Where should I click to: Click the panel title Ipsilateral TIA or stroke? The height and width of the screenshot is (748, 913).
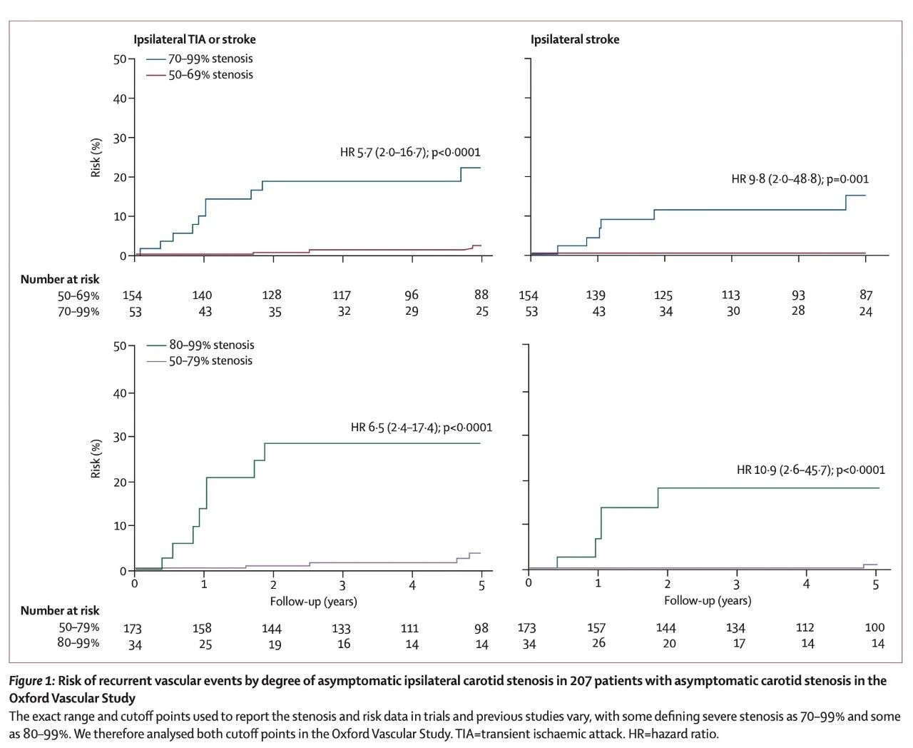point(194,40)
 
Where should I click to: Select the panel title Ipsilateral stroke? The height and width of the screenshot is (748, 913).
point(574,40)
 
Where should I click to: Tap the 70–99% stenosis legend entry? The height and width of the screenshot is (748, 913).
point(210,59)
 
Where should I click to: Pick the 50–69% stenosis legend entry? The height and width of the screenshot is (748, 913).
point(210,74)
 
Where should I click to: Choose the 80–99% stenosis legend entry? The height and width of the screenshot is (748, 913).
point(210,345)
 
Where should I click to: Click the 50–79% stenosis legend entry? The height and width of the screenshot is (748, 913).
point(210,360)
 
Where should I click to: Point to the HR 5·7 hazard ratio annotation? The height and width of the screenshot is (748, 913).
point(409,152)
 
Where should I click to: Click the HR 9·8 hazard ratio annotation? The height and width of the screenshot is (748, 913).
point(800,179)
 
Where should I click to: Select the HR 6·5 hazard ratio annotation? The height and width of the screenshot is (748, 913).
point(421,428)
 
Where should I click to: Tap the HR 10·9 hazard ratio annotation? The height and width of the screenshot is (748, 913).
point(810,470)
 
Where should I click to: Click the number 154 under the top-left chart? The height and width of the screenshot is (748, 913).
point(132,295)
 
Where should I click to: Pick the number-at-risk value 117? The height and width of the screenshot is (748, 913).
point(342,295)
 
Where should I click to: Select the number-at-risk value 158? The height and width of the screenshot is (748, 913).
point(202,628)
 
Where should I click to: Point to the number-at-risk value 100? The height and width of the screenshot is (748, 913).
point(874,627)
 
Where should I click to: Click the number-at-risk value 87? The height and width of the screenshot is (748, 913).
point(866,295)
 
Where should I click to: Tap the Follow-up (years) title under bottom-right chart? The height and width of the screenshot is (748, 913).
point(708,600)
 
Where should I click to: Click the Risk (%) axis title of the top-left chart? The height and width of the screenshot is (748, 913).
point(96,157)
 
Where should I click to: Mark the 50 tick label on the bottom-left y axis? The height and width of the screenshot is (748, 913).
point(120,346)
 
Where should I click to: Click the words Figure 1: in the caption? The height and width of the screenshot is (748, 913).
point(31,681)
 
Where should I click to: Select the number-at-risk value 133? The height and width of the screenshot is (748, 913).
point(341,628)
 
